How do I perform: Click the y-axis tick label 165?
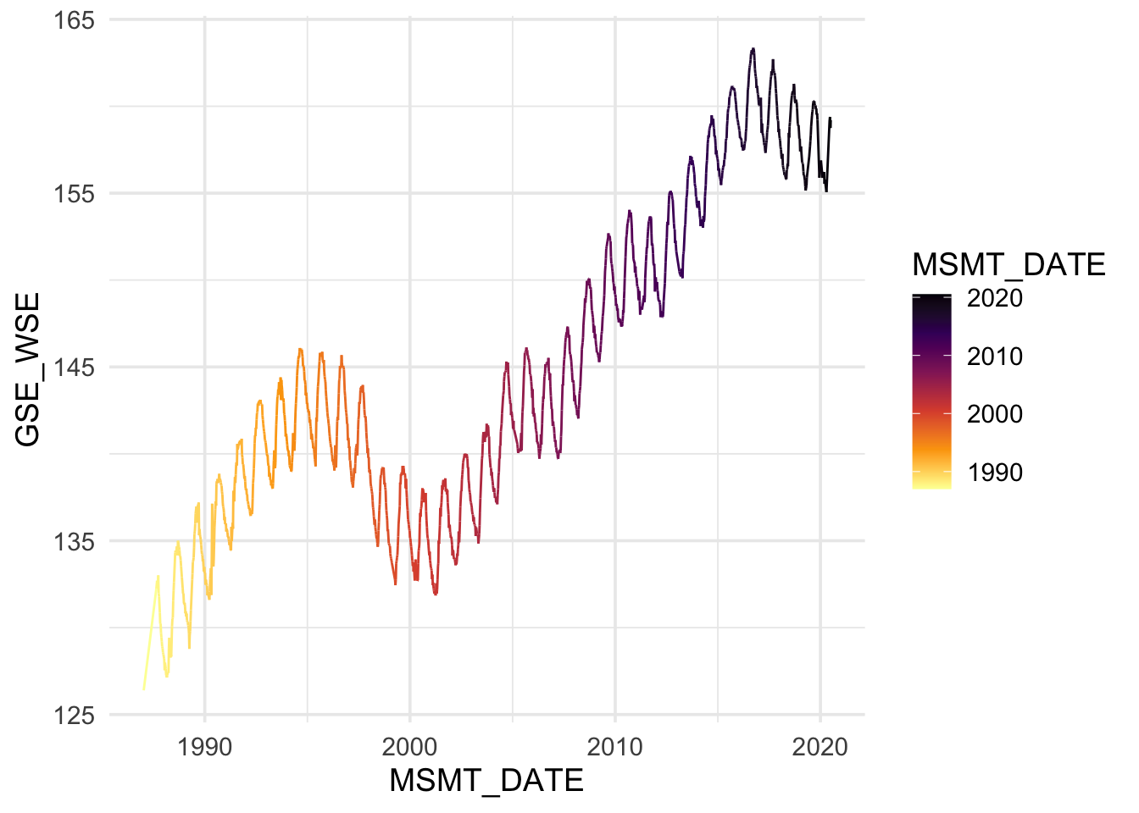[x=74, y=19]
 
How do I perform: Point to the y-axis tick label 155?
[x=74, y=193]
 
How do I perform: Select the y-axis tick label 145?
[x=74, y=368]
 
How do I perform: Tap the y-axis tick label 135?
[x=74, y=541]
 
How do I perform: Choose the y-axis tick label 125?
[x=74, y=716]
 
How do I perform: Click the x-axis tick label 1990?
[x=204, y=747]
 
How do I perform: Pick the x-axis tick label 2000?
[x=409, y=747]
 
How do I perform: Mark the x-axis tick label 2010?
[x=615, y=747]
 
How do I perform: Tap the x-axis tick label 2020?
[x=820, y=747]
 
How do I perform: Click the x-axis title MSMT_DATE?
[x=486, y=781]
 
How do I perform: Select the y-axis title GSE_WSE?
[x=28, y=369]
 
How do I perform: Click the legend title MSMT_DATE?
[x=1008, y=265]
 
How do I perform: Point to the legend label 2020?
[x=995, y=298]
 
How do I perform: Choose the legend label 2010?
[x=995, y=357]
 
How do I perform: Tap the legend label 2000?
[x=995, y=414]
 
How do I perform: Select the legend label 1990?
[x=995, y=473]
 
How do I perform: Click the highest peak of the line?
[x=753, y=49]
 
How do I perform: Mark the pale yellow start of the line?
[x=143, y=689]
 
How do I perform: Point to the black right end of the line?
[x=831, y=120]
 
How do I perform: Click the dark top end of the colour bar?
[x=931, y=296]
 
